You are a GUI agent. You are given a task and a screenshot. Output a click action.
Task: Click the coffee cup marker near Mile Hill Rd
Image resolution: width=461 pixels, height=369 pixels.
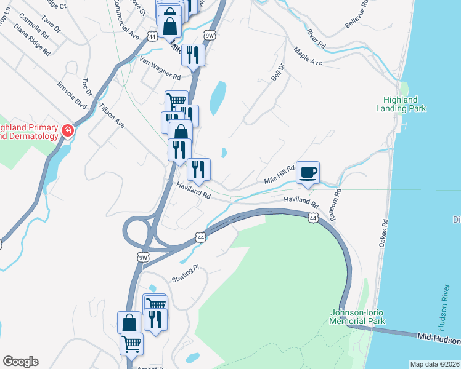308,173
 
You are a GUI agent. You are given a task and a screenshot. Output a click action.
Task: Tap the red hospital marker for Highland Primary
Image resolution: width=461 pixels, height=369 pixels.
67,130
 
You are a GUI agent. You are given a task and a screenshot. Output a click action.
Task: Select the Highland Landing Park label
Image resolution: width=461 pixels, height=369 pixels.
400,104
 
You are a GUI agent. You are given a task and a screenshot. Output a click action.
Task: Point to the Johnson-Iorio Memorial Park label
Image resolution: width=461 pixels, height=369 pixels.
357,317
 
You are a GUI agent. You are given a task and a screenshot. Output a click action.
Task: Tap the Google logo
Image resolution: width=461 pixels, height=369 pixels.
20,362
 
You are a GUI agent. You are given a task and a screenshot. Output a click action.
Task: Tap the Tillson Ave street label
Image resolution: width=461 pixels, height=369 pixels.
113,115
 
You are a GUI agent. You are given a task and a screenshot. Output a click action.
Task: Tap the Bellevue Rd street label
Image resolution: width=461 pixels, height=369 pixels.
357,12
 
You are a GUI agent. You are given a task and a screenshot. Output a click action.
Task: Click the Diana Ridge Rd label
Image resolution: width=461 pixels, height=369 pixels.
31,39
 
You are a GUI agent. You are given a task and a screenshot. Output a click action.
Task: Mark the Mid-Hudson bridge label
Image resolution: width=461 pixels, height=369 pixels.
438,339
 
